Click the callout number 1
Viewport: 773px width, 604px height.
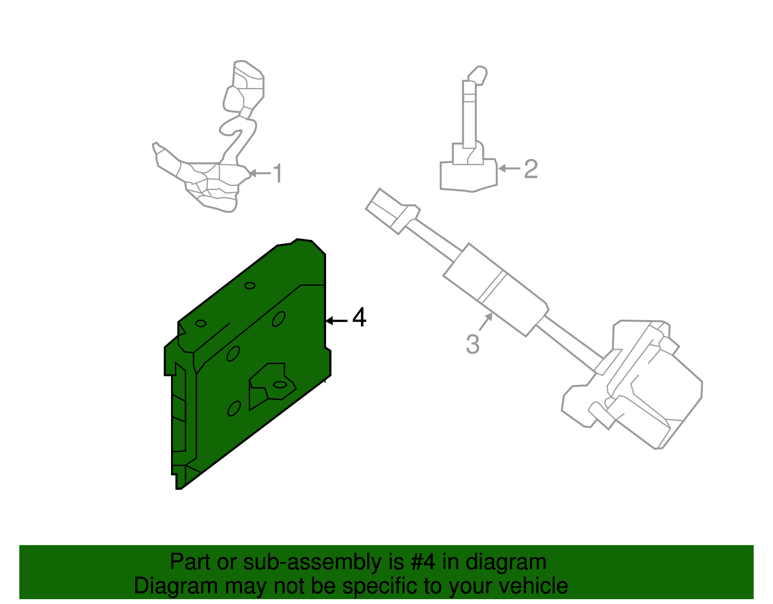click(x=277, y=173)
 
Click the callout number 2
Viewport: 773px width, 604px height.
click(x=530, y=169)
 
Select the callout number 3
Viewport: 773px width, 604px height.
click(x=472, y=344)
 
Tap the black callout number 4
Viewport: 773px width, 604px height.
click(x=359, y=318)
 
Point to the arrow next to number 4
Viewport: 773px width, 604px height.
click(x=336, y=321)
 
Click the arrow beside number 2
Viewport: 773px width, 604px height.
click(x=509, y=168)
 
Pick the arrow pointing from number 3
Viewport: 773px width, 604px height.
click(x=486, y=322)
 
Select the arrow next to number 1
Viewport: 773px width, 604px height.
click(x=259, y=173)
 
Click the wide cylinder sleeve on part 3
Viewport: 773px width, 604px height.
click(x=495, y=290)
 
